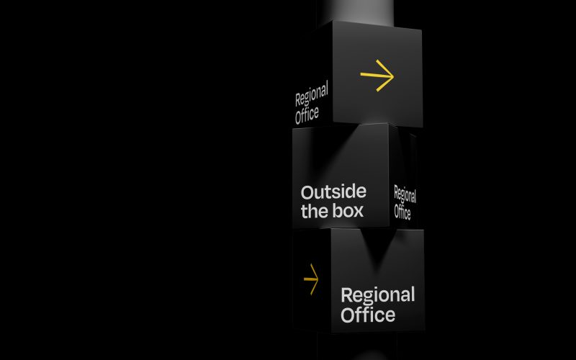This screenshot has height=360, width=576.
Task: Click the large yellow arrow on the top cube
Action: pos(377,75)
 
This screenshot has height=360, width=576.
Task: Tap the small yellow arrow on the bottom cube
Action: pos(311,279)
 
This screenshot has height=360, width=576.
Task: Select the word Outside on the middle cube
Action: pos(333,192)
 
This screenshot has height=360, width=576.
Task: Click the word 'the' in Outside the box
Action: pos(313,212)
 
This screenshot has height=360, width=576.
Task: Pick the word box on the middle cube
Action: pos(347,212)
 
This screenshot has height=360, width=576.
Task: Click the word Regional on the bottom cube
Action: pos(377,295)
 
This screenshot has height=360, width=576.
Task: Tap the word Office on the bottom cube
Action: pos(368,315)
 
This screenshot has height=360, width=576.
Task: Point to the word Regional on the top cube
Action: pos(311,96)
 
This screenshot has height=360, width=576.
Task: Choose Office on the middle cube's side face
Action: pos(402,212)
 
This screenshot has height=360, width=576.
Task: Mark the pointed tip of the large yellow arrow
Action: pos(394,74)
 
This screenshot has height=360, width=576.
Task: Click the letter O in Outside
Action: pos(307,193)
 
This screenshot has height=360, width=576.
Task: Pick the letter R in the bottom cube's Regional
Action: pos(346,295)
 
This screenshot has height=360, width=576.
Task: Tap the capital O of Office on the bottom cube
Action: pos(348,315)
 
